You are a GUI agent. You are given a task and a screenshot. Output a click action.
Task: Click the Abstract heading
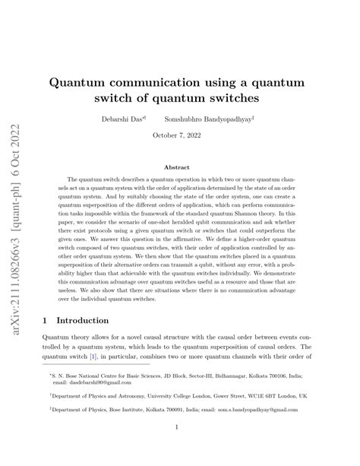tap(179, 166)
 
